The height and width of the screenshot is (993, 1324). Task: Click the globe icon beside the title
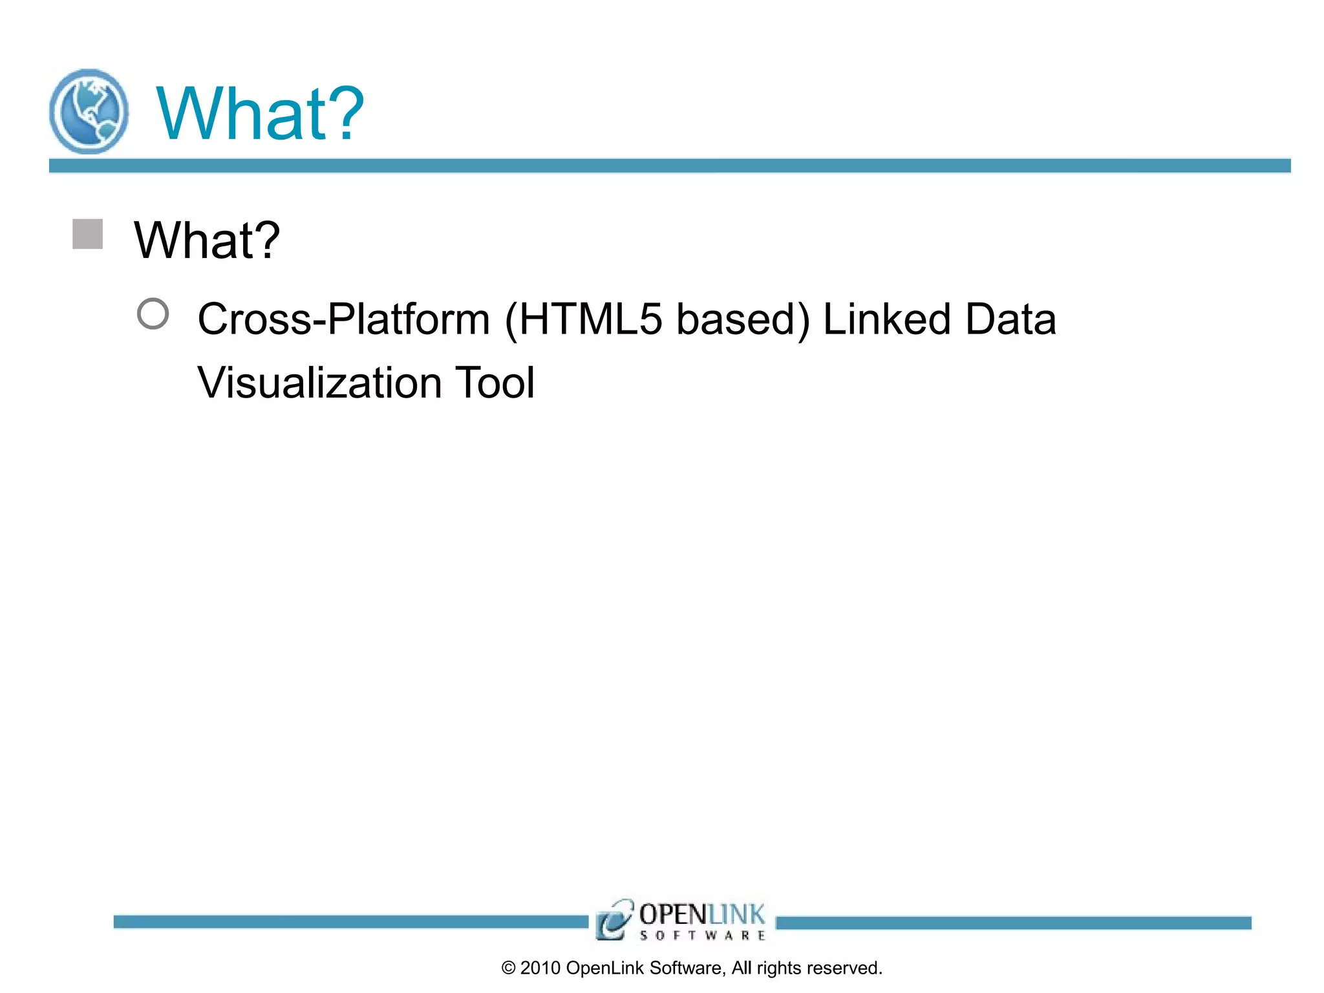pyautogui.click(x=89, y=112)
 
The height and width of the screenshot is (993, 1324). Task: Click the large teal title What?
pyautogui.click(x=260, y=114)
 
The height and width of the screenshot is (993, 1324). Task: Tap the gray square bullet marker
pyautogui.click(x=87, y=234)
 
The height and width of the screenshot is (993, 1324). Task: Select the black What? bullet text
pyautogui.click(x=207, y=240)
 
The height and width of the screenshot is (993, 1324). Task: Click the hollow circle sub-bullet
pyautogui.click(x=153, y=314)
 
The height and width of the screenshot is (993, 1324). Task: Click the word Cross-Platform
pyautogui.click(x=344, y=319)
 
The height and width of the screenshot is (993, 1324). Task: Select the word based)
pyautogui.click(x=743, y=319)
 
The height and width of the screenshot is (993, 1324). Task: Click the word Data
pyautogui.click(x=1010, y=319)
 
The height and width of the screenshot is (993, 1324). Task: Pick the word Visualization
pyautogui.click(x=320, y=383)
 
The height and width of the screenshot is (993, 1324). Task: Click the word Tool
pyautogui.click(x=495, y=383)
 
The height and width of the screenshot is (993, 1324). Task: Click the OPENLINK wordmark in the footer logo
pyautogui.click(x=702, y=915)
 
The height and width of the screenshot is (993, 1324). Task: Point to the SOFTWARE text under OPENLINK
pyautogui.click(x=702, y=935)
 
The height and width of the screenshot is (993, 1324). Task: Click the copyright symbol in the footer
pyautogui.click(x=509, y=968)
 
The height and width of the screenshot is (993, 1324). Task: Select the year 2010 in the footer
pyautogui.click(x=540, y=968)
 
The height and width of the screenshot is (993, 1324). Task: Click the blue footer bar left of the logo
pyautogui.click(x=349, y=922)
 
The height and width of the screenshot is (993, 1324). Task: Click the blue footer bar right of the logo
pyautogui.click(x=1012, y=923)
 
